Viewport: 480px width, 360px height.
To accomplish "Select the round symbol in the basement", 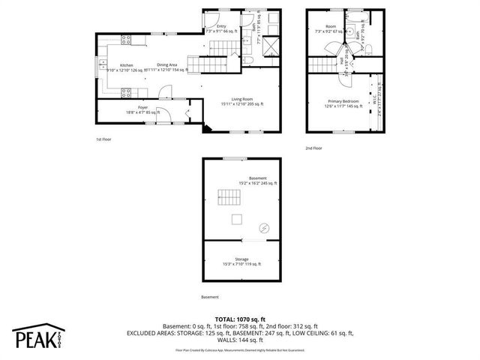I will [x=264, y=228].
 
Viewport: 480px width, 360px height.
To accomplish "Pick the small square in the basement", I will [x=237, y=219].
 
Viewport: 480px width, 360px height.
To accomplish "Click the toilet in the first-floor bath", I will [x=246, y=57].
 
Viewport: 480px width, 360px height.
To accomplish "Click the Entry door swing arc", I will [x=213, y=19].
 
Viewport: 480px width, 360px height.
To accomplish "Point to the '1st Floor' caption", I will [x=104, y=140].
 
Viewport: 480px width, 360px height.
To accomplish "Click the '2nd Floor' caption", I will [x=313, y=148].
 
